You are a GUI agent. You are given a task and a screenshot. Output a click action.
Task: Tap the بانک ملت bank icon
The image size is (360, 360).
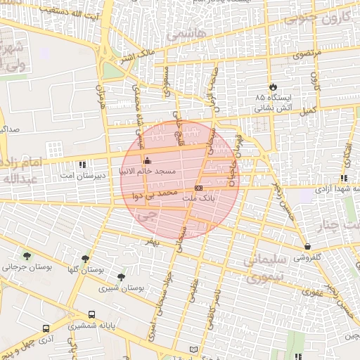coord(199,188)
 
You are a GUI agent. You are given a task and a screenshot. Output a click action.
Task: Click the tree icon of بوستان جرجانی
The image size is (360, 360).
coord(27,256)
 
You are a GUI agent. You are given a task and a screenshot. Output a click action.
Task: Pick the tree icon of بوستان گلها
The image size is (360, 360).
coord(86,259)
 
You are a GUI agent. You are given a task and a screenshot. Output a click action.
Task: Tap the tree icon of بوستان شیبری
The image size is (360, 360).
coord(121,277)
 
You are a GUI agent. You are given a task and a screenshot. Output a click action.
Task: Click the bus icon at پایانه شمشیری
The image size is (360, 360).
coord(92,315)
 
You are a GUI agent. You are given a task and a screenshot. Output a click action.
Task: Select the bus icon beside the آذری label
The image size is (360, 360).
coord(46,328)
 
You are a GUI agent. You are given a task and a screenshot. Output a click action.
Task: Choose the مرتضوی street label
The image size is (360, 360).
coord(307,53)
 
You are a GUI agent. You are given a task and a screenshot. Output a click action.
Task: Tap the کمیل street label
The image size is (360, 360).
coord(307,111)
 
